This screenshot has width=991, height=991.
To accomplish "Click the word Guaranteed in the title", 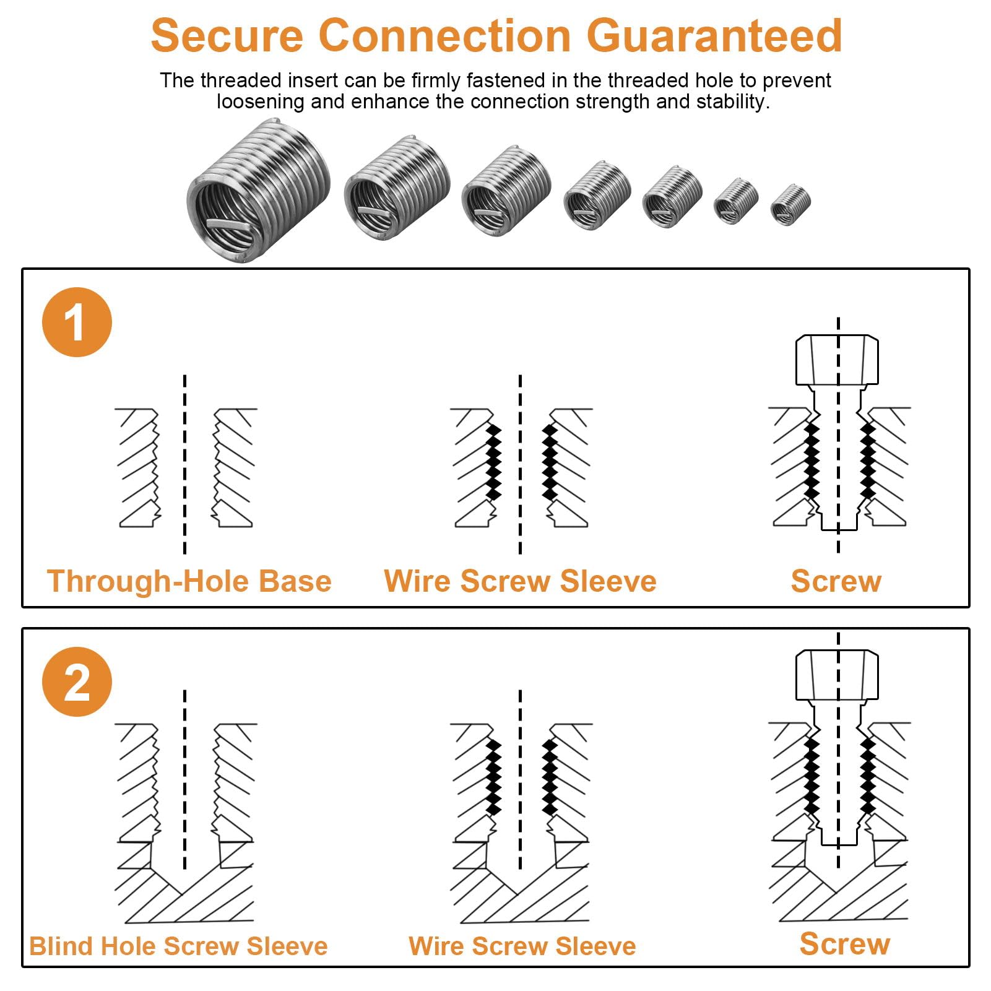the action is pos(714,35).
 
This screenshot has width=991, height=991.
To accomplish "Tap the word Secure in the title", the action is pos(227,35).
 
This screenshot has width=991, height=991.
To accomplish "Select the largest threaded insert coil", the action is pos(259,190).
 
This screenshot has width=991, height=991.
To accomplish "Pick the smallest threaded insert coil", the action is pos(790,205).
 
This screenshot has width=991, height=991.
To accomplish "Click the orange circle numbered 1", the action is pos(77,322).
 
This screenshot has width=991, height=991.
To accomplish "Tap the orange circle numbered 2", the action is pos(77,682).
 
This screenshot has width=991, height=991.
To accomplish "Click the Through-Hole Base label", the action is pos(189,581).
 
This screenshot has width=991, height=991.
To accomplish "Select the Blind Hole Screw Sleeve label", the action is pos(178,946).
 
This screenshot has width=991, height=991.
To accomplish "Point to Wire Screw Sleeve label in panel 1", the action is pos(520,581).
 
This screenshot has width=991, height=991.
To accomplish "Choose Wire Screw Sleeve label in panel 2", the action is pos(522,946).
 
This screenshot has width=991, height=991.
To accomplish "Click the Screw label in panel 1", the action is pos(836,581).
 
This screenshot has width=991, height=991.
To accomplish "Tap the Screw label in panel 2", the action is pos(845,944).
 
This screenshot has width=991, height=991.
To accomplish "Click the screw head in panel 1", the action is pos(837,360).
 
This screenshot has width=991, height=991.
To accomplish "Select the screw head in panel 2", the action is pos(837,675).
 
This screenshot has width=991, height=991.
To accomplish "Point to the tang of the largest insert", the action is pos(230,223).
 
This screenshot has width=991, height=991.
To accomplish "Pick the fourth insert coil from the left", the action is pos(597,195).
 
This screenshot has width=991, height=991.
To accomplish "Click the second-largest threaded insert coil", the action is pos(397,187).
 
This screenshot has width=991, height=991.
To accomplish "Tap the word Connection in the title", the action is pos(444,35).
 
